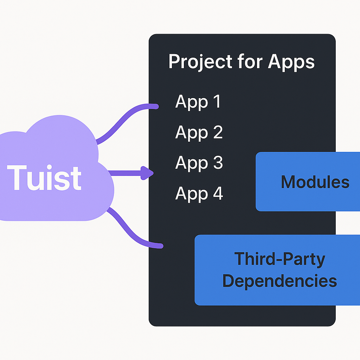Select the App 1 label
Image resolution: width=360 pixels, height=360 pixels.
198,102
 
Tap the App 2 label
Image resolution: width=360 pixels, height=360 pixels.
199,132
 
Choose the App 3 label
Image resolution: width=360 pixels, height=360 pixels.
199,163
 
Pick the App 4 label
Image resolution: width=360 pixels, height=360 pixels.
199,193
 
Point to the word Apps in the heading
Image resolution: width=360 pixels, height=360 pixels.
291,62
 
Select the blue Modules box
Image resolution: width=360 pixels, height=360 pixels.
308,182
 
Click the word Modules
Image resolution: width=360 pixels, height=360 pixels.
315,182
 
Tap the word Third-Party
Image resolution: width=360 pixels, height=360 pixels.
279,259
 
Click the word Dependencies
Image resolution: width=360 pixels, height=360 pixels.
279,281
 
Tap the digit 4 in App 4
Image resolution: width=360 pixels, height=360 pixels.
217,193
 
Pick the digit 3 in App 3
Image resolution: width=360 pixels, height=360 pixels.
217,163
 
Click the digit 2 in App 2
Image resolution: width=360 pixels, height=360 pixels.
217,132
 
